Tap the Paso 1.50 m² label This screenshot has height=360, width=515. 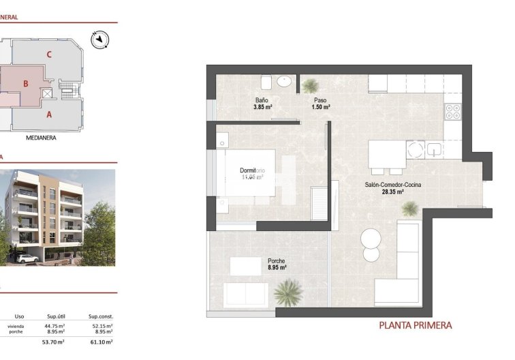(x=320, y=104)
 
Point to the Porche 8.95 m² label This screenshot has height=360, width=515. (x=277, y=264)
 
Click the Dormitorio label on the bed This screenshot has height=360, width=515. (x=253, y=174)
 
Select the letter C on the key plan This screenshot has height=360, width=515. (x=49, y=55)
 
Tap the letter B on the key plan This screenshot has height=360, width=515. (x=25, y=84)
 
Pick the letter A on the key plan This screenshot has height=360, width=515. (x=49, y=115)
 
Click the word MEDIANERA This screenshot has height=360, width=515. (x=41, y=137)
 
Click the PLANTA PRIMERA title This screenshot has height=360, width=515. (x=415, y=326)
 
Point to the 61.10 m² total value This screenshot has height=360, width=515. (x=100, y=342)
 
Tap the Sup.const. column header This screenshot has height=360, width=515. (x=100, y=316)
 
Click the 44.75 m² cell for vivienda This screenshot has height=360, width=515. (x=55, y=327)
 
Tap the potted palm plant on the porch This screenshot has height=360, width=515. (x=289, y=293)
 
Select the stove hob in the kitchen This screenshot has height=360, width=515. (x=453, y=112)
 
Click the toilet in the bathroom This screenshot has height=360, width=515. (x=266, y=82)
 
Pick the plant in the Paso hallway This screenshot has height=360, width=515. (x=310, y=85)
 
